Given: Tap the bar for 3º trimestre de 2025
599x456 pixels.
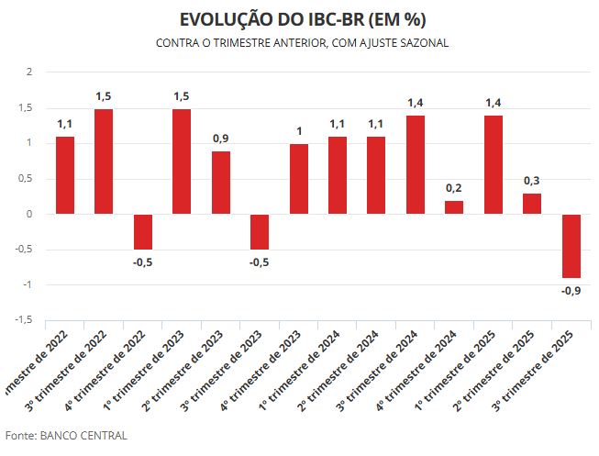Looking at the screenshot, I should coord(571,246).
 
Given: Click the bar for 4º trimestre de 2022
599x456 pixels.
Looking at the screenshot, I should coord(142,232).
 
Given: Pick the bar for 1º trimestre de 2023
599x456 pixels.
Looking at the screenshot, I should coord(182,161).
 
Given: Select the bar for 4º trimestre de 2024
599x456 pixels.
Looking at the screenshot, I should coord(454,207).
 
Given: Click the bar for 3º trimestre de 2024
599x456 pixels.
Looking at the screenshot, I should coord(415,165).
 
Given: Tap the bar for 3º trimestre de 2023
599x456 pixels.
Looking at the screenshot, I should coord(260,232).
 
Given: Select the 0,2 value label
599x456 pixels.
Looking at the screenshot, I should coord(454,188).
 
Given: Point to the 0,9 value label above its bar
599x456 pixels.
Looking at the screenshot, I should coord(221,139).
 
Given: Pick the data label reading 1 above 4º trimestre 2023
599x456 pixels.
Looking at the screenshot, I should coord(298,131).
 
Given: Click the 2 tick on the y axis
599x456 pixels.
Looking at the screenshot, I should coord(29,72).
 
